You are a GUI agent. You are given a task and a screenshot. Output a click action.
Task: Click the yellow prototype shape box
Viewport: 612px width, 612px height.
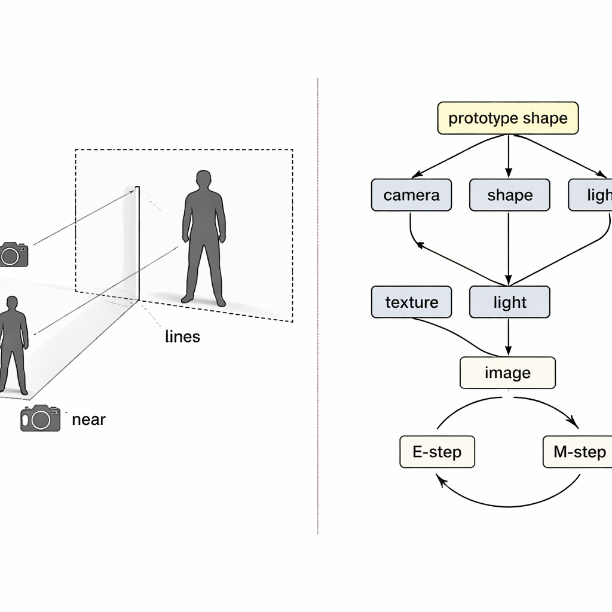point(508,118)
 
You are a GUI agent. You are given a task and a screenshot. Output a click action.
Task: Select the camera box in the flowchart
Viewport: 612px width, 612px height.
point(411,195)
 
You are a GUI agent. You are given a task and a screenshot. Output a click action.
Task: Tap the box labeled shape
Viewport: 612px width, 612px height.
point(509,195)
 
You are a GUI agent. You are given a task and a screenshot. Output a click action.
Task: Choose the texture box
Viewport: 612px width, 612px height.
point(411,302)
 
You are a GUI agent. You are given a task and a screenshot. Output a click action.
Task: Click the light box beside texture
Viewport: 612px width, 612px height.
point(509,302)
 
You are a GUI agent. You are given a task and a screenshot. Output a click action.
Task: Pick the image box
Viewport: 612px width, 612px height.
point(507,373)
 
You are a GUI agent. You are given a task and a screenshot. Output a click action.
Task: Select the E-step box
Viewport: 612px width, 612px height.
point(437,452)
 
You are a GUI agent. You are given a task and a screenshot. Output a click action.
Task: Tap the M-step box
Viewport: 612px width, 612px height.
point(578,452)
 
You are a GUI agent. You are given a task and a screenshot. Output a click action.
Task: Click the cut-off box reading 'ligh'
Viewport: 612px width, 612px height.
point(592,195)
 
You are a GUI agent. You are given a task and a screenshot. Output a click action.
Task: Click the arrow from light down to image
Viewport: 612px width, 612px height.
point(508,337)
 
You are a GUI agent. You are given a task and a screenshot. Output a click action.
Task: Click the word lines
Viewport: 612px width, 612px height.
point(182,336)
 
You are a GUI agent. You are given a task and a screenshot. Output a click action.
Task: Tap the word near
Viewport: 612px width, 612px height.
point(88,420)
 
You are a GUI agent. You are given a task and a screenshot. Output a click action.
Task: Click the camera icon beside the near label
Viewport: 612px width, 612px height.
point(41,418)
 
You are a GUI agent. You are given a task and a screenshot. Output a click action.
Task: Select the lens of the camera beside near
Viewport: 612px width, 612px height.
point(41,420)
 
